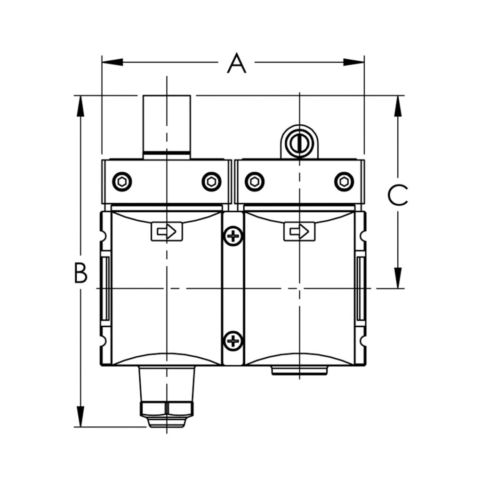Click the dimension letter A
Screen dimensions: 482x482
(x=236, y=64)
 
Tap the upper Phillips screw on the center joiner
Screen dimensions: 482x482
(x=233, y=235)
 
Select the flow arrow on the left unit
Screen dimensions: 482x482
(x=167, y=232)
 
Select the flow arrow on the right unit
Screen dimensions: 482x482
(x=299, y=232)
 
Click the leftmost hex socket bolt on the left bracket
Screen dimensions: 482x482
(x=122, y=182)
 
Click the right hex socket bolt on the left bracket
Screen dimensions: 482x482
(x=211, y=182)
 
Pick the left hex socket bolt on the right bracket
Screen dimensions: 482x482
(x=254, y=182)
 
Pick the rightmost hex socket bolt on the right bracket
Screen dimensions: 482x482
(x=344, y=182)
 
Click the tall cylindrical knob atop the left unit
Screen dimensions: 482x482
(x=167, y=125)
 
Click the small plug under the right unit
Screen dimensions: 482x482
(x=299, y=371)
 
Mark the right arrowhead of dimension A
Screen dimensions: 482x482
(x=354, y=62)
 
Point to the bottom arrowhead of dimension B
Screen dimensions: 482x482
(x=81, y=416)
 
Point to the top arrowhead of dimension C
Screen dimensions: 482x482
(x=398, y=106)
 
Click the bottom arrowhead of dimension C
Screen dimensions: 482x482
(x=398, y=277)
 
